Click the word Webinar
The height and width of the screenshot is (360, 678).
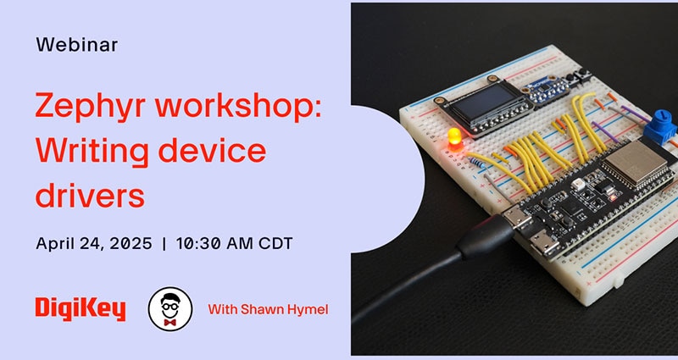tap(77, 45)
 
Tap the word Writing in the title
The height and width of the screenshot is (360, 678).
tap(93, 152)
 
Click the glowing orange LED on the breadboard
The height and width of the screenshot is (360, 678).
tap(455, 138)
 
